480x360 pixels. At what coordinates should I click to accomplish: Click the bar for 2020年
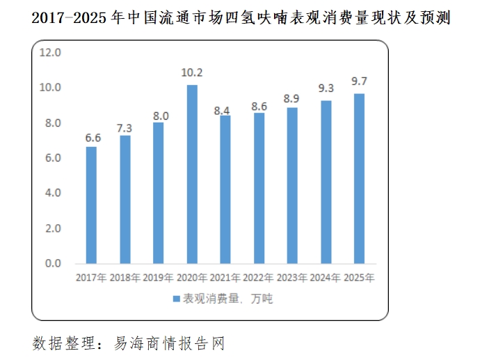click(192, 174)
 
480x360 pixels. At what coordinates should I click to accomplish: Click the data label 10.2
click(192, 73)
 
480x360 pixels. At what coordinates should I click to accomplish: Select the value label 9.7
click(360, 82)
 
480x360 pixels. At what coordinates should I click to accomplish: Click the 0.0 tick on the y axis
click(53, 263)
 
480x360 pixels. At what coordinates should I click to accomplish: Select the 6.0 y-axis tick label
click(53, 158)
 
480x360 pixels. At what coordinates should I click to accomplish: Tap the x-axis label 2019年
click(159, 278)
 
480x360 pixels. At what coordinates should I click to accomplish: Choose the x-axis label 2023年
click(292, 278)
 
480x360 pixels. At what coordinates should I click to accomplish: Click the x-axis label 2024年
click(326, 278)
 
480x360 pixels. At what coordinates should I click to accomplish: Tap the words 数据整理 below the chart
click(58, 343)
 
